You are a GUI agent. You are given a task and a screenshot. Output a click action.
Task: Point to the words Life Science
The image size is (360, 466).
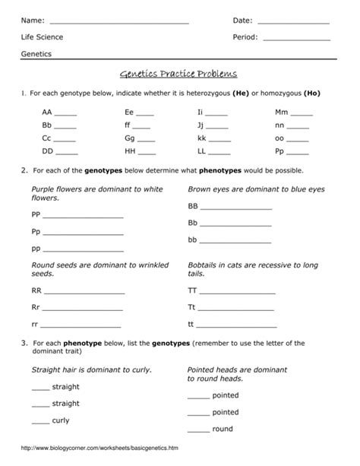(43, 36)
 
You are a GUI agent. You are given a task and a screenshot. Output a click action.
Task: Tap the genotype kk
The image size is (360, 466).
(201, 140)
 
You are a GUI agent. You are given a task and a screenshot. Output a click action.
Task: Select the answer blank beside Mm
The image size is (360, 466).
(302, 113)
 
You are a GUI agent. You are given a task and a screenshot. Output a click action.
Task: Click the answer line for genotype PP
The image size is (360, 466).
(84, 218)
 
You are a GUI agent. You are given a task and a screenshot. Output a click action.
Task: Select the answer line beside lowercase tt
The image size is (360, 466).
(236, 325)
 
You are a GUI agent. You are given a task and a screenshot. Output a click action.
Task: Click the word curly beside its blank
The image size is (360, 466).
(61, 420)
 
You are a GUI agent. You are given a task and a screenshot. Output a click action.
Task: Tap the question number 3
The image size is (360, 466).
(25, 344)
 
